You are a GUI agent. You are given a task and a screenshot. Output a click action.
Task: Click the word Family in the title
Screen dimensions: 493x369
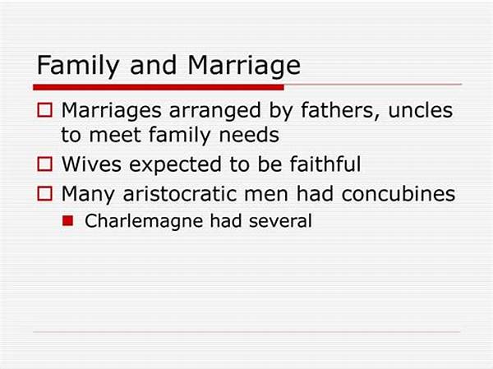[78, 67]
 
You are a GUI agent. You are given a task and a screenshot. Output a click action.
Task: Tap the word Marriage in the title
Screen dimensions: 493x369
[244, 67]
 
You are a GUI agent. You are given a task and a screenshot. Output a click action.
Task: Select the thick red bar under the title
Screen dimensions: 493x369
[159, 87]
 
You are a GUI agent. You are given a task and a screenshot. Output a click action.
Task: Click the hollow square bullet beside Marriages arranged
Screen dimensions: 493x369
[44, 110]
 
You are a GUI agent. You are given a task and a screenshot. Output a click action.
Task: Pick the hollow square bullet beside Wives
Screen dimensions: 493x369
[44, 164]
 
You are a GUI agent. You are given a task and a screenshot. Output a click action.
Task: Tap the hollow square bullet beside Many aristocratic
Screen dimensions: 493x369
[44, 193]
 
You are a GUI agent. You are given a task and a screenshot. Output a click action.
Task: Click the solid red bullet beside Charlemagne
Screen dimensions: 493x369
[68, 221]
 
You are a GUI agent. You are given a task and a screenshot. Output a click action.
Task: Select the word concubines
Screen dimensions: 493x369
[399, 193]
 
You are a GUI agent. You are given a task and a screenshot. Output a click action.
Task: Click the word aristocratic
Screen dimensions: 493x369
[179, 194]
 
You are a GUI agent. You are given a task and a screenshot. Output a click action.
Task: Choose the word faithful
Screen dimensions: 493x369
[325, 164]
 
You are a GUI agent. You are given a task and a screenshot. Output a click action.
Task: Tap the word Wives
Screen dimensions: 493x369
[91, 164]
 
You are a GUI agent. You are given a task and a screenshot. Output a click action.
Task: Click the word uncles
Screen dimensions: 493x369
[421, 110]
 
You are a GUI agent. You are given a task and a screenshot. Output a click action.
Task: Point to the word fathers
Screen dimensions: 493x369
[340, 111]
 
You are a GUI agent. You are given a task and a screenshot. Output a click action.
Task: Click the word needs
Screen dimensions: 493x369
[249, 135]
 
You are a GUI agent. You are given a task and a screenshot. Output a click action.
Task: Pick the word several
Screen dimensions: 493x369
[280, 221]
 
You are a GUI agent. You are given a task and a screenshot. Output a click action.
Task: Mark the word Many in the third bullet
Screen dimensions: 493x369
[88, 195]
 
